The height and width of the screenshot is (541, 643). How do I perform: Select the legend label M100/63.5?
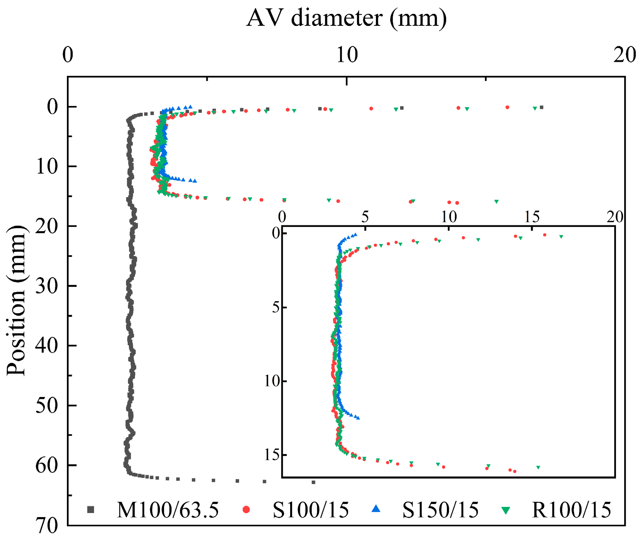[x=167, y=510]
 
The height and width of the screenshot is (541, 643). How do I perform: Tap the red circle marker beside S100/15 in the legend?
[x=246, y=509]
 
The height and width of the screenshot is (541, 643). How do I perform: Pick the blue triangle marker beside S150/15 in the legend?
[x=376, y=509]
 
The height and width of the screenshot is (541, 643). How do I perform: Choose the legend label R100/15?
[x=571, y=510]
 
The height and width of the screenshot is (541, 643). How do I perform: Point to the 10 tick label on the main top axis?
[x=347, y=55]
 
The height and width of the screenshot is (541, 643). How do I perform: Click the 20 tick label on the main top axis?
[x=625, y=55]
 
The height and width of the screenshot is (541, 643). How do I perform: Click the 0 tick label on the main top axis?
[x=68, y=55]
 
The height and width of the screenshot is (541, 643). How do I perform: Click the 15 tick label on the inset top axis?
[x=532, y=217]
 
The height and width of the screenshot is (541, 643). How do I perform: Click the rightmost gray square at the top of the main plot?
[x=542, y=107]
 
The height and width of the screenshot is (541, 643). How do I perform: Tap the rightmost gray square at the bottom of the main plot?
[x=313, y=482]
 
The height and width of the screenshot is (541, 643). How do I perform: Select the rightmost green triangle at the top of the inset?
[x=561, y=236]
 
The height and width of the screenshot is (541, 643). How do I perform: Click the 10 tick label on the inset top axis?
[x=448, y=217]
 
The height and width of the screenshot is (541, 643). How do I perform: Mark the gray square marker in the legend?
[x=91, y=509]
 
